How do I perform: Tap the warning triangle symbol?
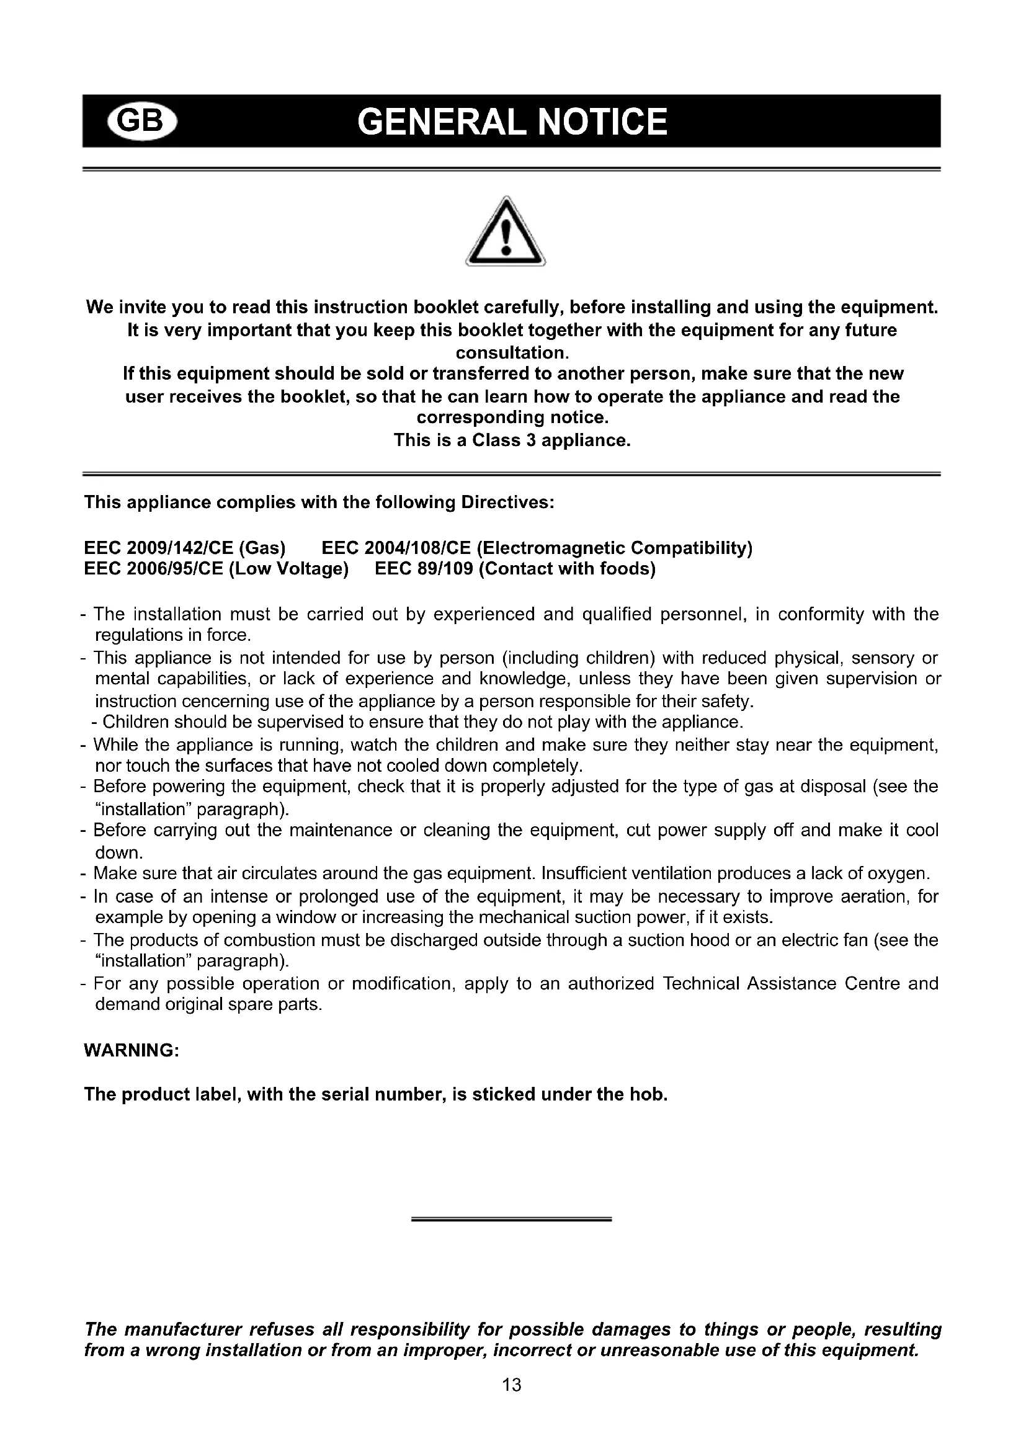(506, 233)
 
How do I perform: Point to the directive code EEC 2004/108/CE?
(397, 548)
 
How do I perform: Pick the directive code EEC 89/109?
(424, 569)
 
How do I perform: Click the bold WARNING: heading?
(132, 1050)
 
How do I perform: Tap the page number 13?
(512, 1385)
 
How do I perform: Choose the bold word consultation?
(512, 352)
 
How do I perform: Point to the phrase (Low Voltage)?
(288, 569)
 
